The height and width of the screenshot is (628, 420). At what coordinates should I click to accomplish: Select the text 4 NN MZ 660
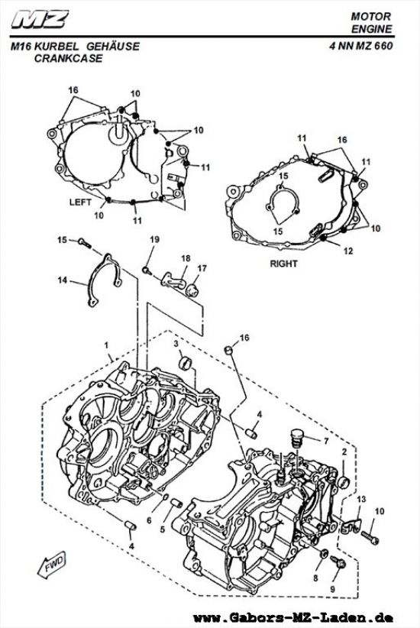[361, 47]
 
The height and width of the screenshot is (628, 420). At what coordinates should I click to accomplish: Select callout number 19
[153, 240]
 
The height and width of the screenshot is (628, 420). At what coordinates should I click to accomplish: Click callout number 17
[202, 268]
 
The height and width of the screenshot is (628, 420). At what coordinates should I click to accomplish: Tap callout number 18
[184, 260]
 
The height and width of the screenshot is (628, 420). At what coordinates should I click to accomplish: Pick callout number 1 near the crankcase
[108, 346]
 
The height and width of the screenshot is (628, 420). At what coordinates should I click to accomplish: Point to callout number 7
[326, 442]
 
